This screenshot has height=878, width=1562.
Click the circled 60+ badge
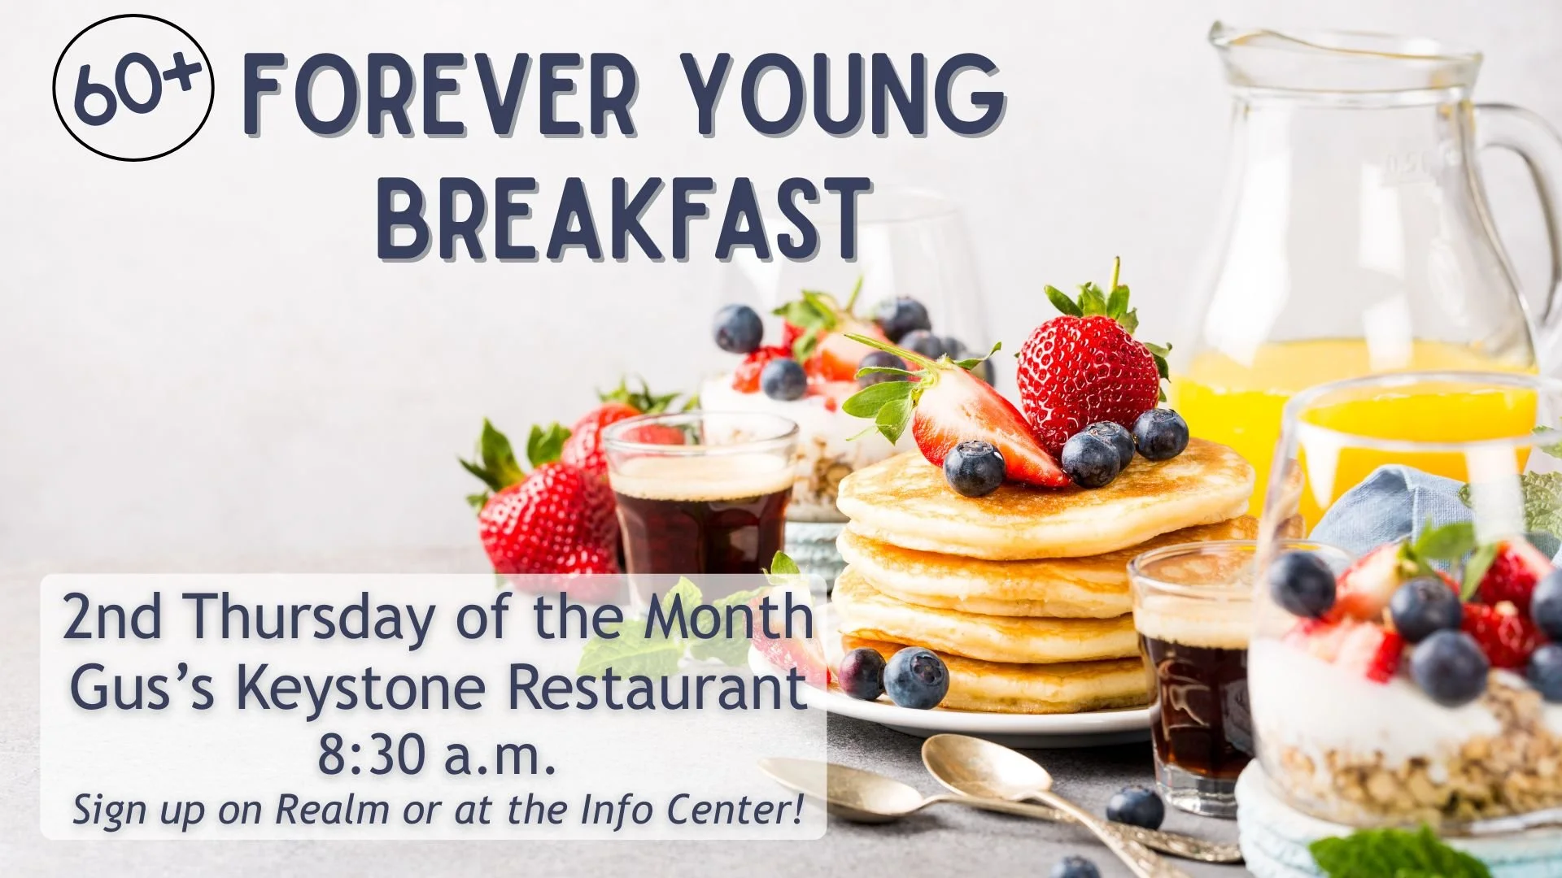[x=133, y=88]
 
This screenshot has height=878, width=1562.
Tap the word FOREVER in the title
[x=439, y=95]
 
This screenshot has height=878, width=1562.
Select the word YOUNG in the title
[x=841, y=95]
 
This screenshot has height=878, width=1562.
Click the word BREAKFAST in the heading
[x=623, y=219]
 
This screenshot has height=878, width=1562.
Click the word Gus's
[x=142, y=688]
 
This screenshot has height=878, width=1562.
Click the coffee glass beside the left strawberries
[x=700, y=496]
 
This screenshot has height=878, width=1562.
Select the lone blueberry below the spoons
[x=1136, y=808]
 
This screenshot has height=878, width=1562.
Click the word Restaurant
[x=657, y=688]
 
